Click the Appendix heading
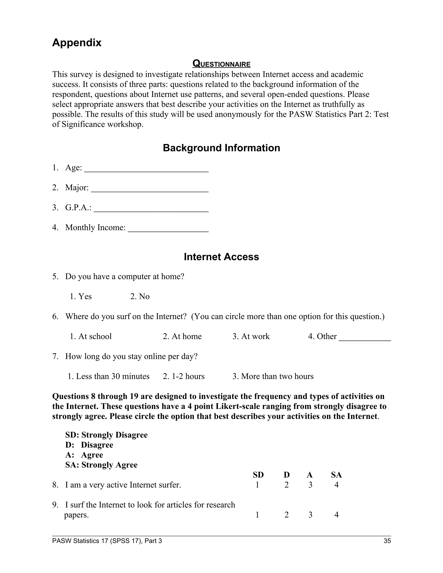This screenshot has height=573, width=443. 77,43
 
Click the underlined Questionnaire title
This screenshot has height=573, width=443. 221,64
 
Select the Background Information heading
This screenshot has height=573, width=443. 221,148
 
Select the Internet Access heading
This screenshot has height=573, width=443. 221,257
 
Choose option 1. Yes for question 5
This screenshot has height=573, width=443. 81,296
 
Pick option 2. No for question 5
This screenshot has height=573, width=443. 140,296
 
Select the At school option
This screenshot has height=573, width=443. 91,336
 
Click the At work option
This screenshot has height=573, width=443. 251,336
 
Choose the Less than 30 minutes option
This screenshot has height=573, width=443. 109,376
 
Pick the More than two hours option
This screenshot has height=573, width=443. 273,376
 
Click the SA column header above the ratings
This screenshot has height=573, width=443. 336,475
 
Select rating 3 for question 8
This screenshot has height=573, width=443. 310,485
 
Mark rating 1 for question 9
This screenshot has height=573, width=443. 257,515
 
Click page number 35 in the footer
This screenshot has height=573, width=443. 387,541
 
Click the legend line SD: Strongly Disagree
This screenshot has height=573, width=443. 106,435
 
